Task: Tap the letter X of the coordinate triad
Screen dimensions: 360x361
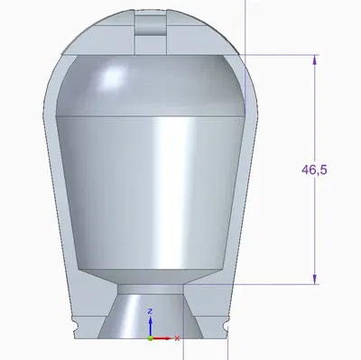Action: tap(178, 338)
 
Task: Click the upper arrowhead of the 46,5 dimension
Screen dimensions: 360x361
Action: tap(315, 60)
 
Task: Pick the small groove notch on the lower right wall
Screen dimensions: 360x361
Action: tap(226, 320)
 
